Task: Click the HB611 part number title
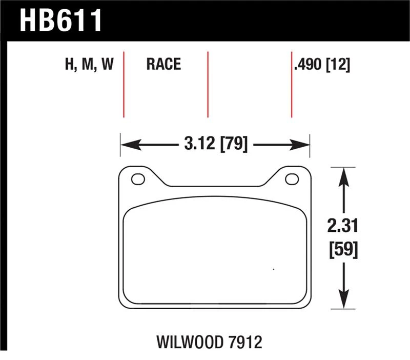pos(60,21)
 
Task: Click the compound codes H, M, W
pos(89,64)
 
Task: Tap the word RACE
pos(163,64)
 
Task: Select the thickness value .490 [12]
pos(322,65)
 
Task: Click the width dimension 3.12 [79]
pos(216,144)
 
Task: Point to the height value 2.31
pos(342,226)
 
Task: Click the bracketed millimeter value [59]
pos(343,250)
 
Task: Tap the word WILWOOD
pos(190,342)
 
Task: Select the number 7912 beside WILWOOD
pos(245,342)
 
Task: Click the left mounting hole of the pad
pos(138,179)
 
